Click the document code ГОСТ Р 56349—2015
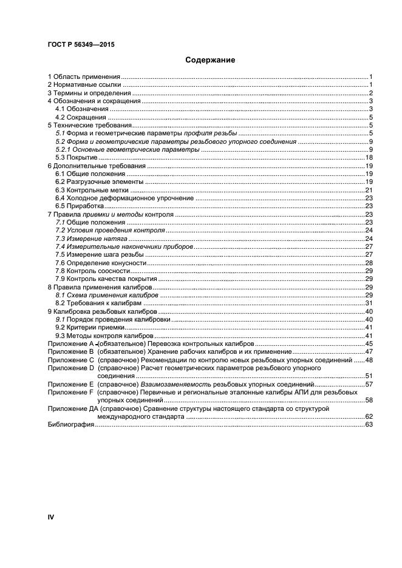click(81, 45)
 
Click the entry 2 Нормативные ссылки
click(86, 85)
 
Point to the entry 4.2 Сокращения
click(81, 117)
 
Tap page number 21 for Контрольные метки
click(368, 190)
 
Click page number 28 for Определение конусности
click(368, 263)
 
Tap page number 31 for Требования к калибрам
click(368, 303)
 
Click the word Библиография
click(70, 425)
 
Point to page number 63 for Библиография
click(368, 425)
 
